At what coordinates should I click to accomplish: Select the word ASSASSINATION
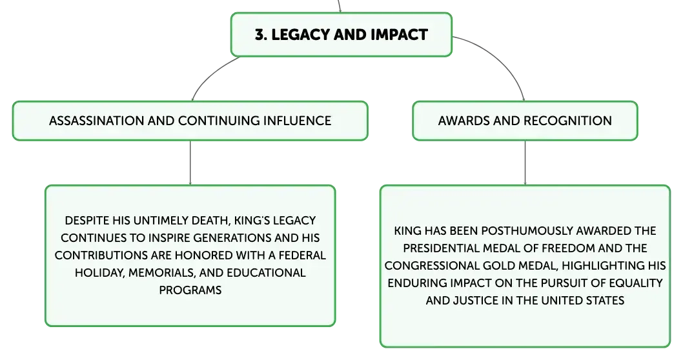coord(96,121)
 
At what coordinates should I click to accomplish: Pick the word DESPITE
coord(87,221)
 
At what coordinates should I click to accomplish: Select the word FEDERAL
coord(302,255)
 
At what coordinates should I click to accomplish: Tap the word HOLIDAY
coord(100,273)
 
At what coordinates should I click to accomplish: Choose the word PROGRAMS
coord(190,290)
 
